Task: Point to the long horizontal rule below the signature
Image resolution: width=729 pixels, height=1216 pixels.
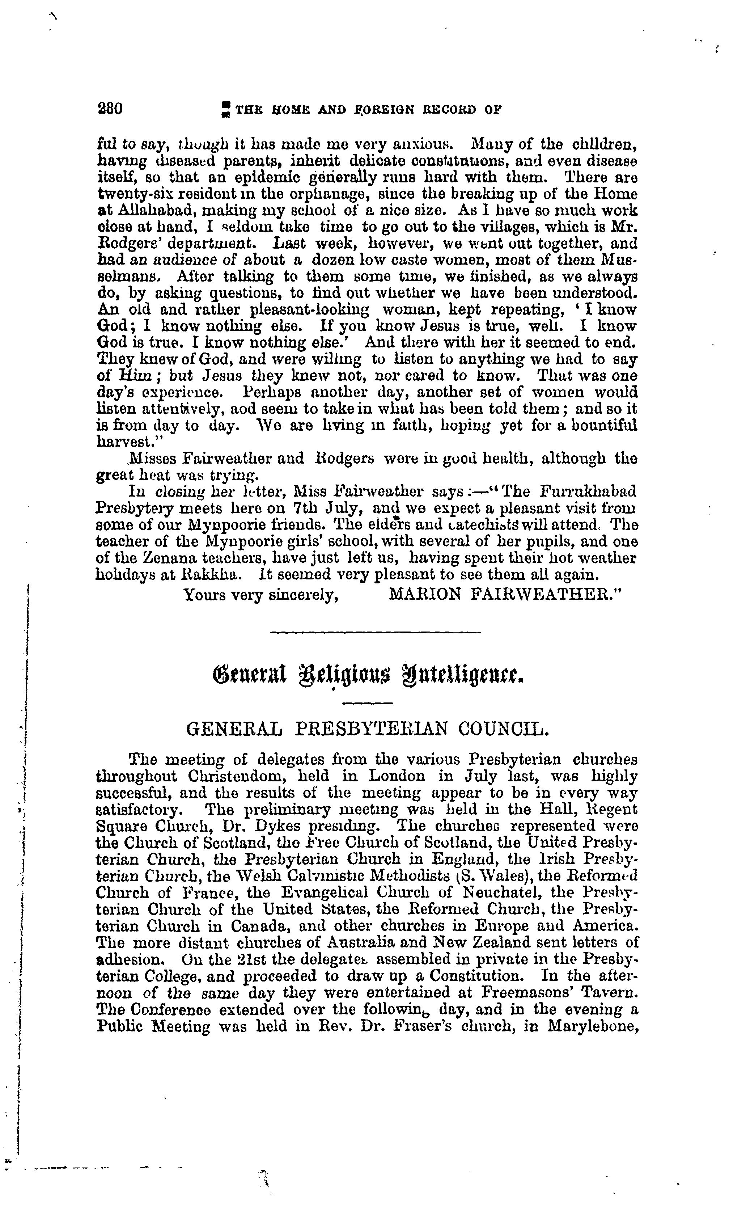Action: click(x=376, y=632)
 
